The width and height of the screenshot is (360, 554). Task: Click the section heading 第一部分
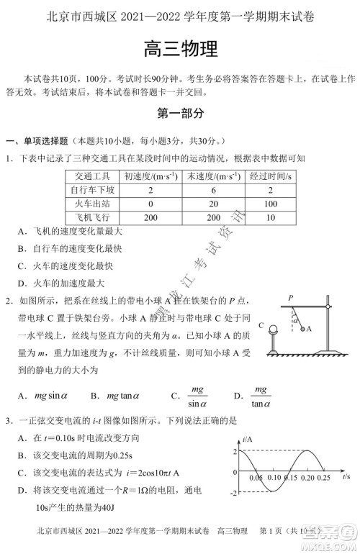[180, 112]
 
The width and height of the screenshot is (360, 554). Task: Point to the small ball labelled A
[302, 328]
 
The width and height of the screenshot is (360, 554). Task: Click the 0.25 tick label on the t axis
[323, 477]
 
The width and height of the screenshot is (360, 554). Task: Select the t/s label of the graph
[346, 476]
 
